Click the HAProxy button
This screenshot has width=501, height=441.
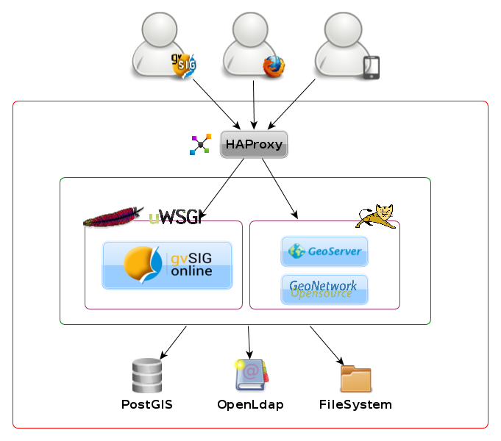coord(254,144)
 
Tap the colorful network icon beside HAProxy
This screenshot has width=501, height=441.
coord(200,144)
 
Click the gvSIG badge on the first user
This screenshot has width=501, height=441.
coord(184,65)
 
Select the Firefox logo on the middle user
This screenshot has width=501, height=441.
coord(274,66)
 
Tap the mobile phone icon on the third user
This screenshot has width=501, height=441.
coord(372,68)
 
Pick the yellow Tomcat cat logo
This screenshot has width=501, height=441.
coord(376,216)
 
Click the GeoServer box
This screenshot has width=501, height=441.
coord(324,251)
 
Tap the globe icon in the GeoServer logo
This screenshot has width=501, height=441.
coord(296,251)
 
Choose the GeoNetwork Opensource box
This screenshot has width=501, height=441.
coord(324,289)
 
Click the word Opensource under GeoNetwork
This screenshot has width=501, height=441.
coord(321,294)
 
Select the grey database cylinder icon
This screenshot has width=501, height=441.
coord(147,375)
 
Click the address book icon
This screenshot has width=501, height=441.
coord(251,374)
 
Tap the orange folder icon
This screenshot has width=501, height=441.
coord(356,379)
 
